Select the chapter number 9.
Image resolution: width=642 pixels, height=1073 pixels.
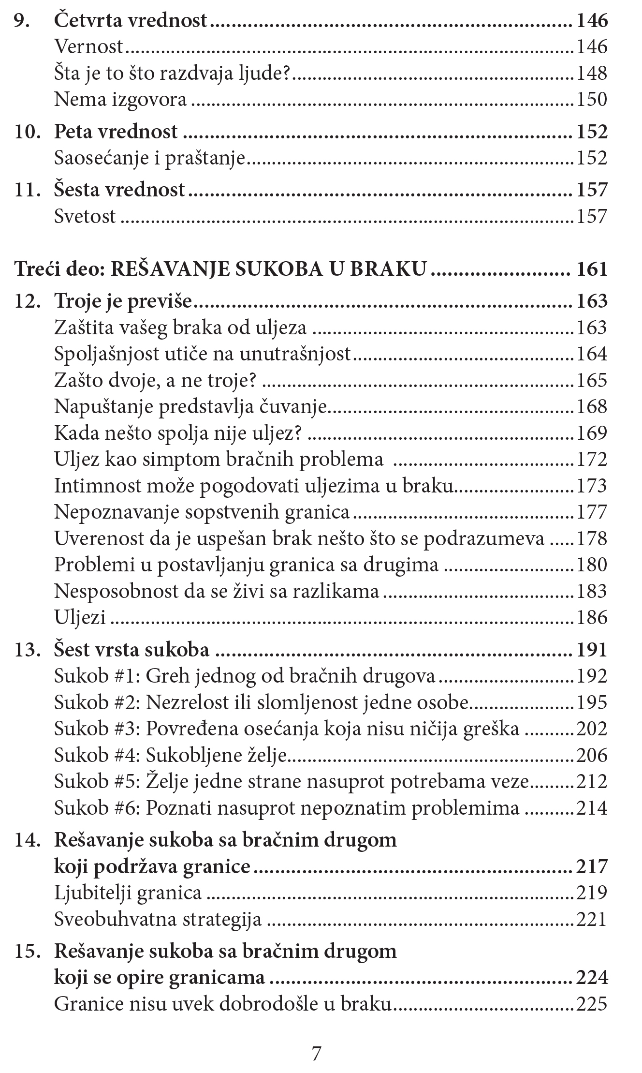(22, 21)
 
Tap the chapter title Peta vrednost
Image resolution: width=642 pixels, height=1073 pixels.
(116, 132)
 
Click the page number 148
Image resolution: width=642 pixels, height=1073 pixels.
(592, 74)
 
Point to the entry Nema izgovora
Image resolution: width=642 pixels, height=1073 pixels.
(120, 100)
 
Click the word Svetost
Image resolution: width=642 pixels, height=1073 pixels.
(85, 216)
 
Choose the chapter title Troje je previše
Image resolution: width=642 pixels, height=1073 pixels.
(123, 301)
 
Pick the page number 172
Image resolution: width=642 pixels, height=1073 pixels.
(592, 460)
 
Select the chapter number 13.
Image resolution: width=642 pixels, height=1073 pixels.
(27, 650)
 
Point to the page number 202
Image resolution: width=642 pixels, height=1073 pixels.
(592, 729)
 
